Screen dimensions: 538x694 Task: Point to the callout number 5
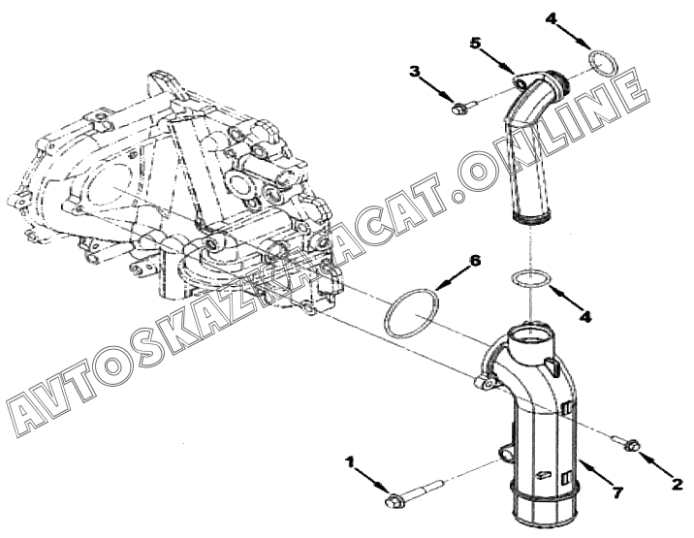476,43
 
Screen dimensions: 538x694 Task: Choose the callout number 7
617,491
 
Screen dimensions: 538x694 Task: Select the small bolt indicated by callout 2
628,445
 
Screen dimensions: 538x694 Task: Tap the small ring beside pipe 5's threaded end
603,66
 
